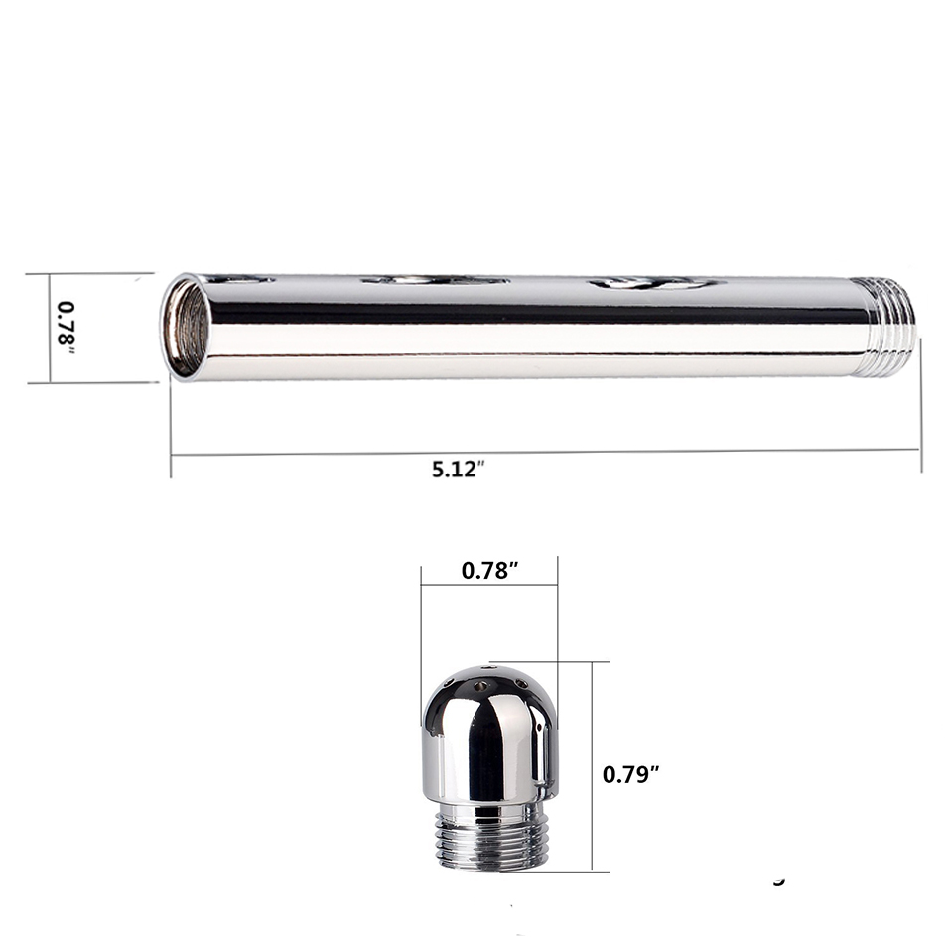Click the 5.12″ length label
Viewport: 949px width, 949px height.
[x=459, y=469]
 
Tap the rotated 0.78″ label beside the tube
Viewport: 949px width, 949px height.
[x=67, y=328]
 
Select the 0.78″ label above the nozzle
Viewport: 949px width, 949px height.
[x=489, y=570]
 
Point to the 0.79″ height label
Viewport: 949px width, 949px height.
[x=630, y=774]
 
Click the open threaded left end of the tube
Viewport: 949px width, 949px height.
[x=186, y=328]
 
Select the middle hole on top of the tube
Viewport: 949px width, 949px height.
[x=437, y=280]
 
